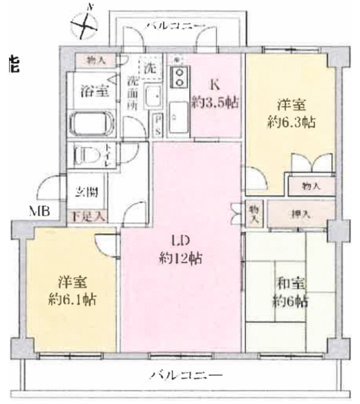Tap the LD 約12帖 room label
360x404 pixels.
pyautogui.click(x=180, y=251)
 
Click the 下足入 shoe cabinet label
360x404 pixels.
pyautogui.click(x=86, y=216)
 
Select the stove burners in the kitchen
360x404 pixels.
pyautogui.click(x=178, y=76)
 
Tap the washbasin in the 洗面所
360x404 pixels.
pyautogui.click(x=152, y=96)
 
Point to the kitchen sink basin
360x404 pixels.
pyautogui.click(x=178, y=114)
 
